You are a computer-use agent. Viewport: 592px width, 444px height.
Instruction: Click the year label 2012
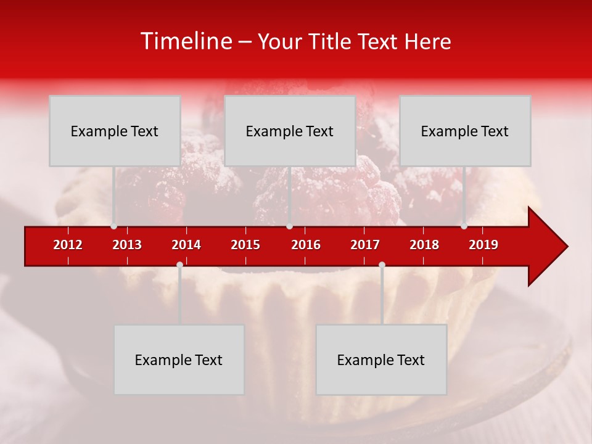68,245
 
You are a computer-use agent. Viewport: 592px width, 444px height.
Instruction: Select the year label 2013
127,245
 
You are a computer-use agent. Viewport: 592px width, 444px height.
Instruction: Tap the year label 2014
186,245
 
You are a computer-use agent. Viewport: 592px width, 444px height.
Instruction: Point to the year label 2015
245,245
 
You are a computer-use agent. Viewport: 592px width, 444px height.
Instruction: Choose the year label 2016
306,245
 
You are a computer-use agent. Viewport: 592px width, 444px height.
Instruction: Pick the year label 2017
365,245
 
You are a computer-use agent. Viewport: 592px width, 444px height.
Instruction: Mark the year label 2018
424,245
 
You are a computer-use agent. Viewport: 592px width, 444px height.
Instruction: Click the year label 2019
483,245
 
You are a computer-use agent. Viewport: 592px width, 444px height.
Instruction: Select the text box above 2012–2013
115,131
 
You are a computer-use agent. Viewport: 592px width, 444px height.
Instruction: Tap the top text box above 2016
290,131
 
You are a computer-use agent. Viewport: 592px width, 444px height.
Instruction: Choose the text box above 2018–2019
465,131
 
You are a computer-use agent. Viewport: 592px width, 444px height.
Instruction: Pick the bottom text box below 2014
179,360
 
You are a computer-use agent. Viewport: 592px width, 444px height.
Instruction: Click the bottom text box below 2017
381,360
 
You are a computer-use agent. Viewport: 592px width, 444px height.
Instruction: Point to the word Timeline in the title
186,41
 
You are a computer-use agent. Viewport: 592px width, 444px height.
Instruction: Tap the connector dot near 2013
113,226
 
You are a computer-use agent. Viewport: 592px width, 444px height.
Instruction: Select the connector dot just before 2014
179,265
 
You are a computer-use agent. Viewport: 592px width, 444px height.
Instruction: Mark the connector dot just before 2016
289,226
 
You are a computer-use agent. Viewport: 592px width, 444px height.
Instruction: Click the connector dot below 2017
382,265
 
